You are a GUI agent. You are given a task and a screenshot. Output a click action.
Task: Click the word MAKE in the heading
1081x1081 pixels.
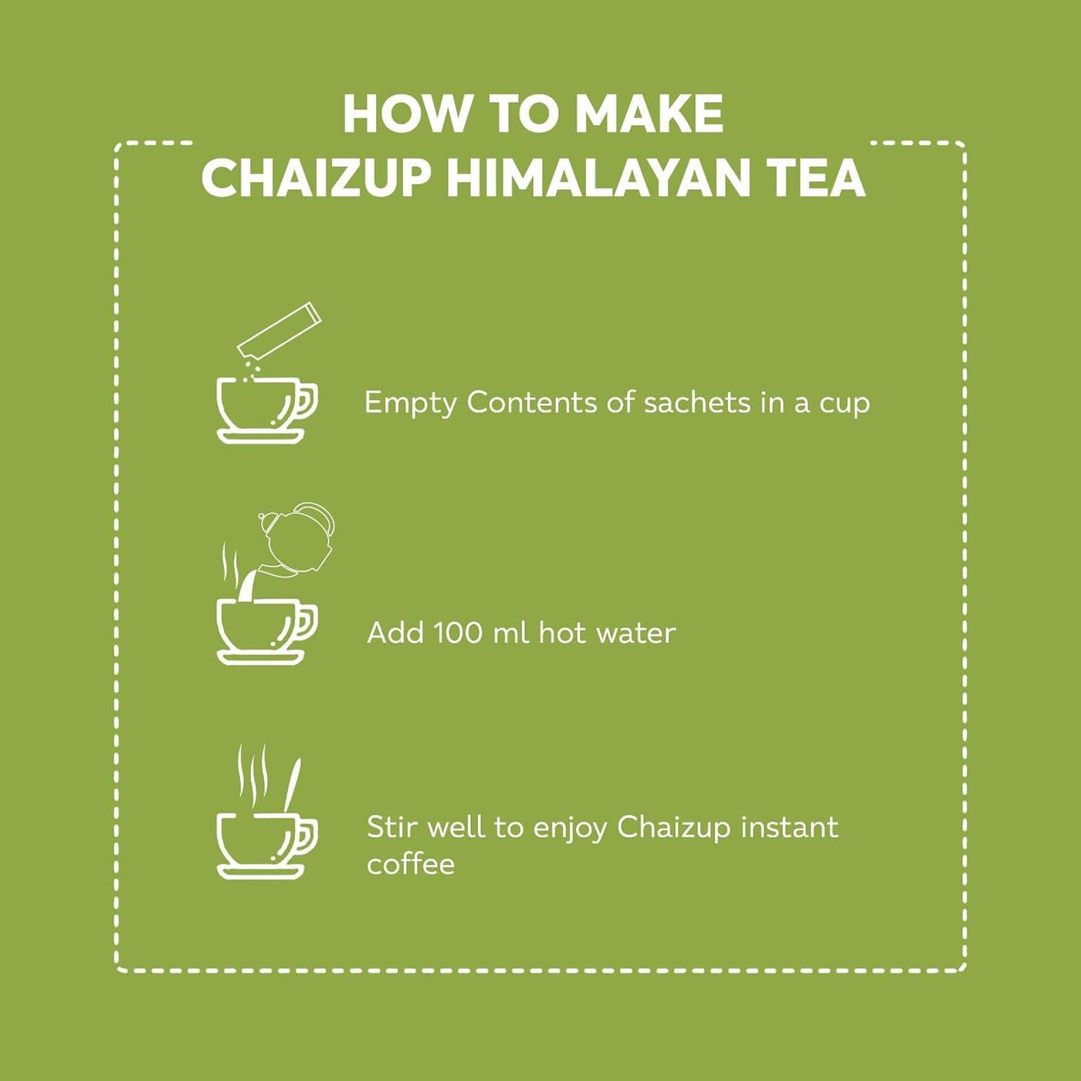[x=649, y=114]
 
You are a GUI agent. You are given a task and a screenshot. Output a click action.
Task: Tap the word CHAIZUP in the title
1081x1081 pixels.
[x=317, y=178]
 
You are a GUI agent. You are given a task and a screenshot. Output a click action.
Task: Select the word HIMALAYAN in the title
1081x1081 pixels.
[x=598, y=178]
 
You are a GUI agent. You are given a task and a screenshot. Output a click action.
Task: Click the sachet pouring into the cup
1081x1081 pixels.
[x=278, y=330]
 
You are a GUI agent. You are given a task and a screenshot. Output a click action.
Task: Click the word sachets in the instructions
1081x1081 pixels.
[x=697, y=403]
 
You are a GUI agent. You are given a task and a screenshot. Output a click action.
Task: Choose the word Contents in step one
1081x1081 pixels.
[x=532, y=403]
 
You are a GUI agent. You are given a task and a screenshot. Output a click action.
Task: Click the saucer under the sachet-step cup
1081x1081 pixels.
[x=261, y=436]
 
